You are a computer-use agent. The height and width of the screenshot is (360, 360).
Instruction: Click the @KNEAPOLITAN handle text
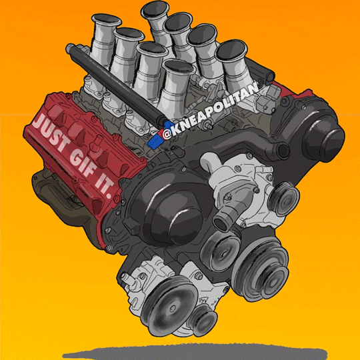point(209,111)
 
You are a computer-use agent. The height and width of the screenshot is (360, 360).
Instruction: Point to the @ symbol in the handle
point(166,135)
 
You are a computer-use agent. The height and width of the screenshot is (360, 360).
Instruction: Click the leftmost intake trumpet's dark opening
point(106,20)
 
